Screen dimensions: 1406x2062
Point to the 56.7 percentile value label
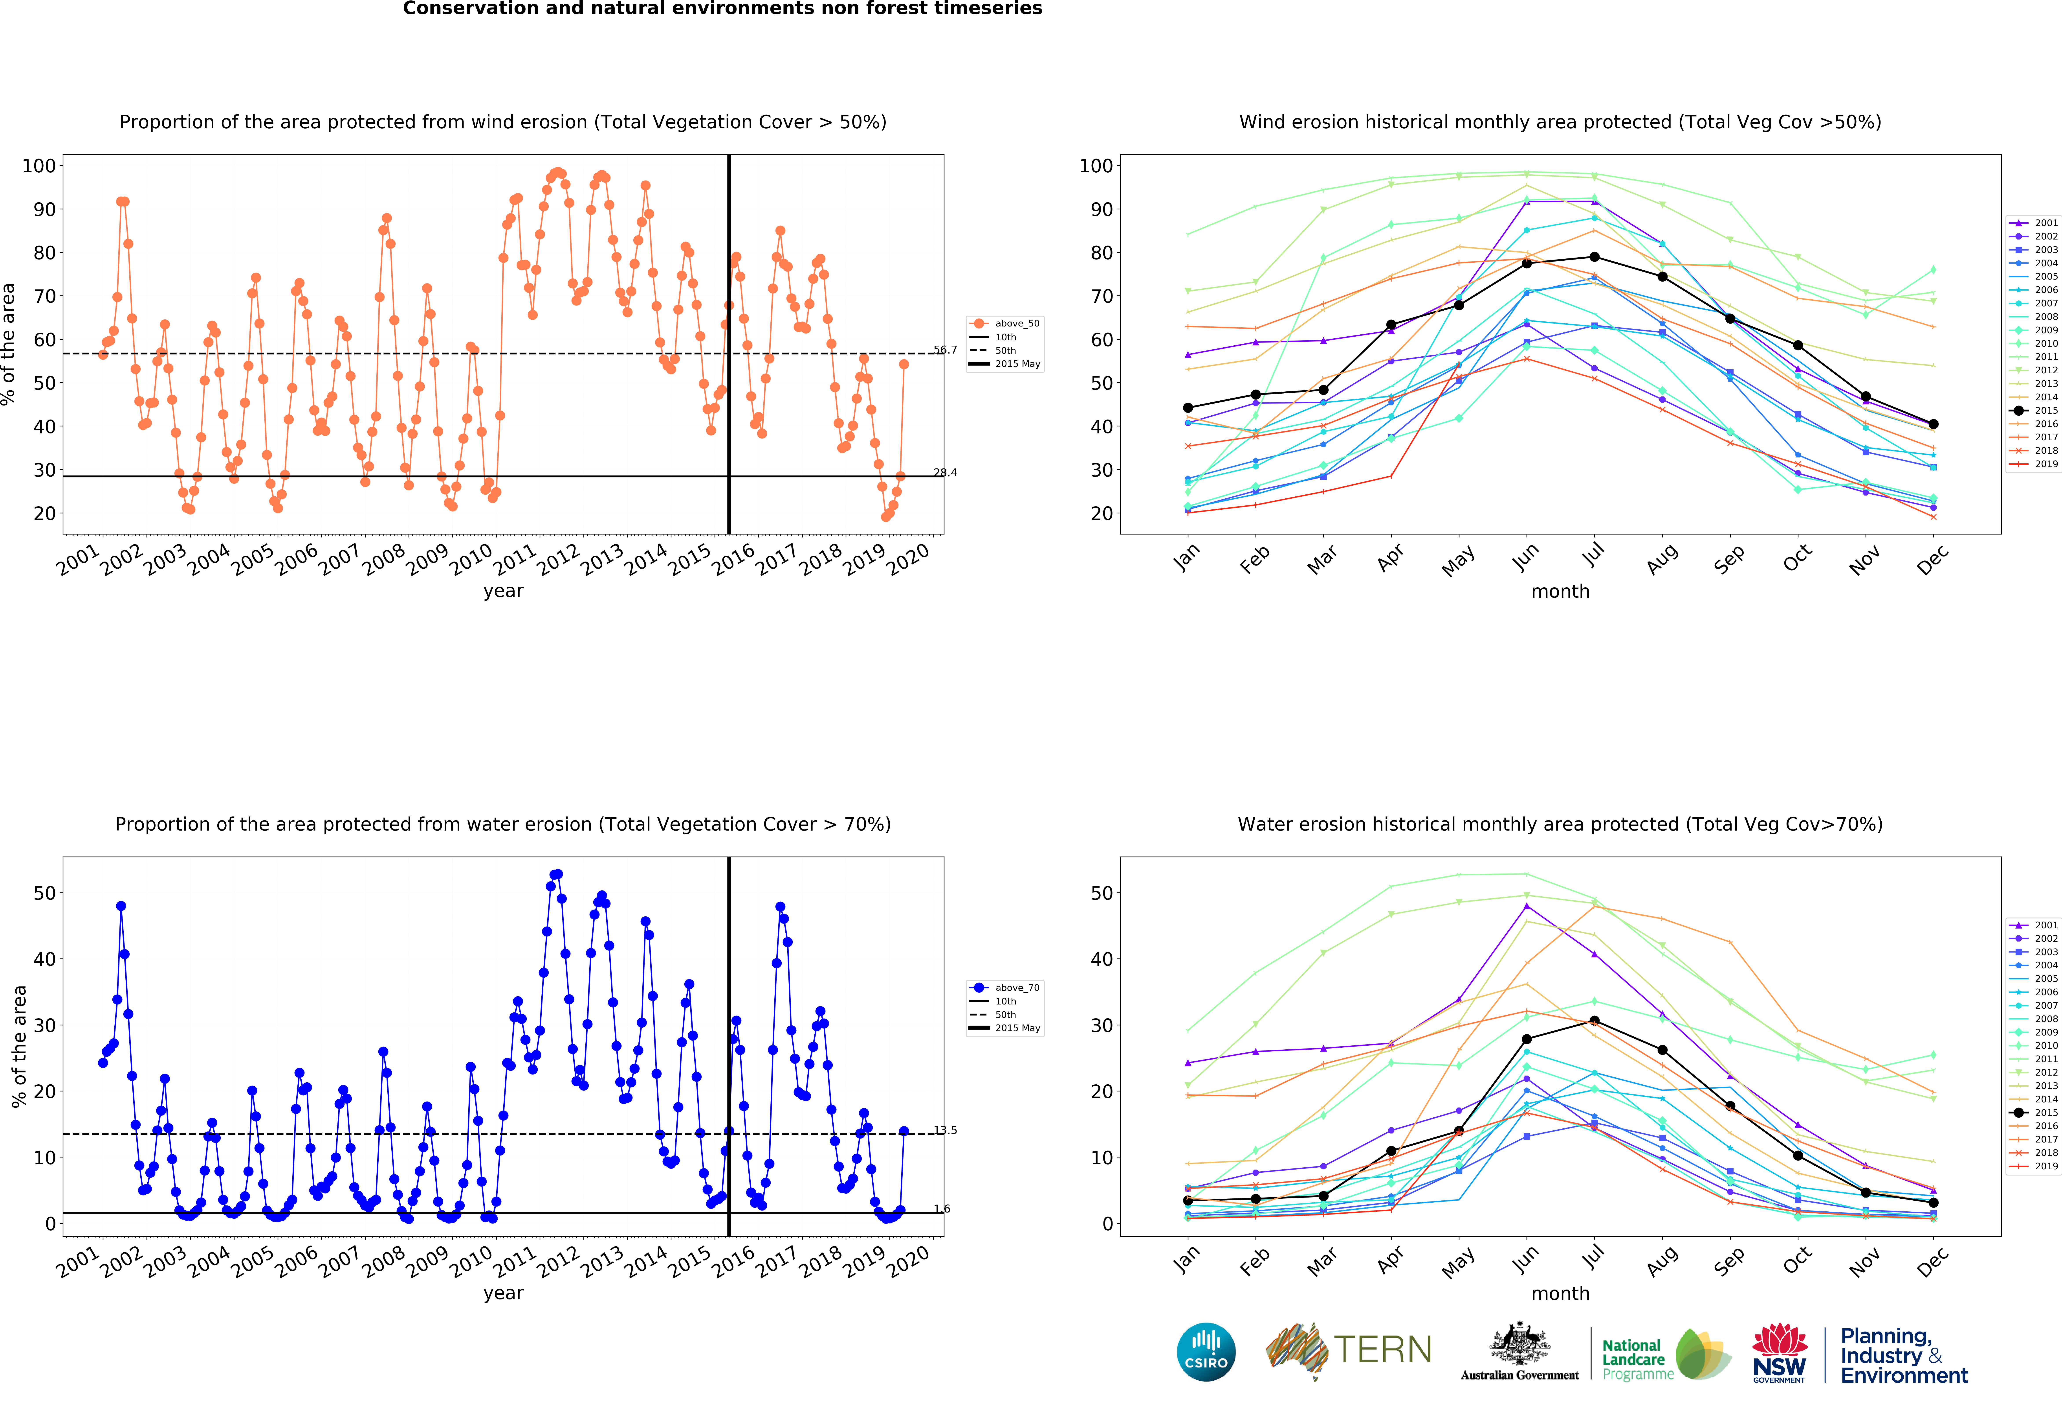click(x=945, y=350)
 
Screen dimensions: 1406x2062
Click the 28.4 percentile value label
click(x=945, y=472)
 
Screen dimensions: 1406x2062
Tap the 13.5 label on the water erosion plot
click(x=945, y=1130)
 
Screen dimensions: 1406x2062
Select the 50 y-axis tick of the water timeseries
click(x=44, y=893)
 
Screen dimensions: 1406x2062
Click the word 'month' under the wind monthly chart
click(x=1560, y=591)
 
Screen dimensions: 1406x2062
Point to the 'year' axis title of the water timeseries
click(x=503, y=1292)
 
